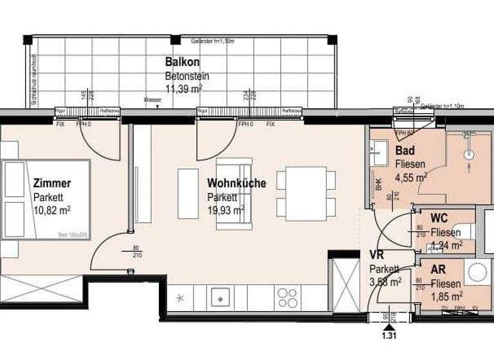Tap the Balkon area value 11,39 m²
point(185,89)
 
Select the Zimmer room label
point(51,184)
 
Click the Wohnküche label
point(237,184)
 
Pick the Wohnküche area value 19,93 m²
point(226,210)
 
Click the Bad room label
point(405,152)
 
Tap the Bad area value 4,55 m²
point(412,177)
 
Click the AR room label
point(439,270)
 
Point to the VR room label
point(376,255)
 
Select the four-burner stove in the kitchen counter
point(287,298)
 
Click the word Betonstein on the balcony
point(187,76)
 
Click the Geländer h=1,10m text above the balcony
point(212,41)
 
